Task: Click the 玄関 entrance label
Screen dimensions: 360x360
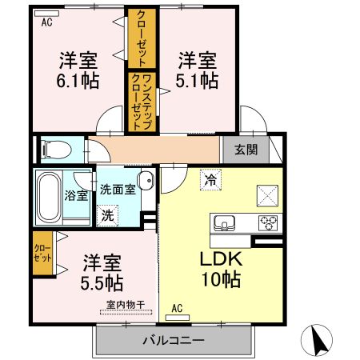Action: (246, 149)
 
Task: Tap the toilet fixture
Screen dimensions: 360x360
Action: (53, 149)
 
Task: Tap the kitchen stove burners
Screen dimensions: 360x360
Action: (266, 222)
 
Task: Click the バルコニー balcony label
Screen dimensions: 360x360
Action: (174, 340)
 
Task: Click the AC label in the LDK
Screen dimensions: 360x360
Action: (178, 307)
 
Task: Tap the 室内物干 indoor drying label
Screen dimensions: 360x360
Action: (126, 305)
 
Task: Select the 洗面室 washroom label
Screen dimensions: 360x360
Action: (118, 190)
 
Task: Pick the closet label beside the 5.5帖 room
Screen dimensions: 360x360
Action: (42, 254)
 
